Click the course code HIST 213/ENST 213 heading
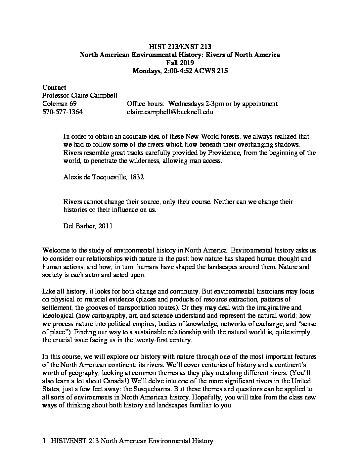[180, 47]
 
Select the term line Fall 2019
[180, 63]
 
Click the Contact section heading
[54, 87]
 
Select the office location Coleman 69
[60, 104]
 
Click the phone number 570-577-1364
[63, 112]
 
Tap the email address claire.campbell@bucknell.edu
[170, 112]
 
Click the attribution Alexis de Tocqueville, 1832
[104, 177]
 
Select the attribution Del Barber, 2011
[88, 226]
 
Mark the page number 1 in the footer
[44, 441]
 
